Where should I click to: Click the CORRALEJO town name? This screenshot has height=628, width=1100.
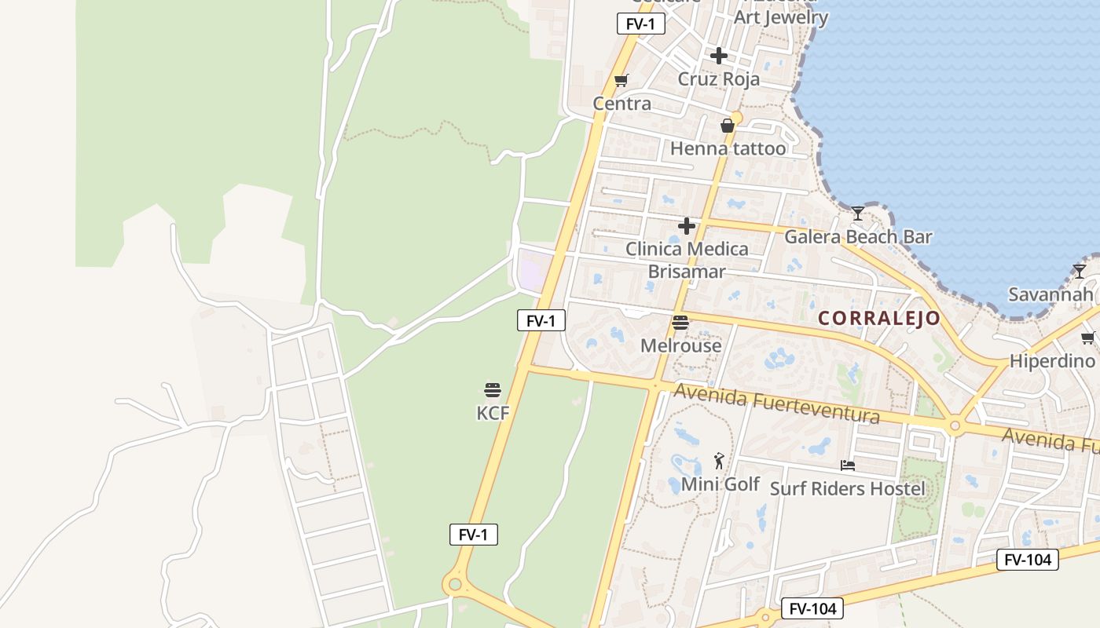[x=879, y=318]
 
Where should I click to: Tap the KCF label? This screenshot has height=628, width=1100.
[x=493, y=413]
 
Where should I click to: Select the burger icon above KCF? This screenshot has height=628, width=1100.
[x=493, y=390]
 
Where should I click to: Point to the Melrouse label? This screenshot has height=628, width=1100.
[x=680, y=345]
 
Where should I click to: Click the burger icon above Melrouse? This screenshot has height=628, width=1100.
[x=680, y=323]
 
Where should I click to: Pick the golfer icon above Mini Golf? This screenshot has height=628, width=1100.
[x=719, y=461]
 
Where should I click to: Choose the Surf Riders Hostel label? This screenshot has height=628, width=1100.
[x=847, y=488]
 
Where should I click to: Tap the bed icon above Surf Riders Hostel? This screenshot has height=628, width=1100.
[x=847, y=466]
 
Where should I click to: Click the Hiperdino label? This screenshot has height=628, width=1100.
[x=1051, y=361]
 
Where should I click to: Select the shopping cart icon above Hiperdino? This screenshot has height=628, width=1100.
[x=1088, y=338]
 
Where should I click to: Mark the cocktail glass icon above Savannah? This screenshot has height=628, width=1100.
[x=1080, y=272]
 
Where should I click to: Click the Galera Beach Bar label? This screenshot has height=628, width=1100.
[x=858, y=236]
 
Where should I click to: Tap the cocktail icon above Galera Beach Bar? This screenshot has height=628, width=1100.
[x=858, y=214]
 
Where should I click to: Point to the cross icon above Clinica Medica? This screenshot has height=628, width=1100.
[x=687, y=227]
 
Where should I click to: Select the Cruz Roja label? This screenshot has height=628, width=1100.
[x=719, y=79]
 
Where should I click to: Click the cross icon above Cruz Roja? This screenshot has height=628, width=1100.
[x=719, y=56]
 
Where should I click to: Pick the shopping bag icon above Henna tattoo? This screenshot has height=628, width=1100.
[x=728, y=126]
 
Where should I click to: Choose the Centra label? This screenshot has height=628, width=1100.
[x=621, y=104]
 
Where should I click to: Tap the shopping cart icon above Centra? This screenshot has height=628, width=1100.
[x=621, y=80]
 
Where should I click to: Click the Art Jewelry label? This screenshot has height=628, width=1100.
[x=781, y=17]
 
